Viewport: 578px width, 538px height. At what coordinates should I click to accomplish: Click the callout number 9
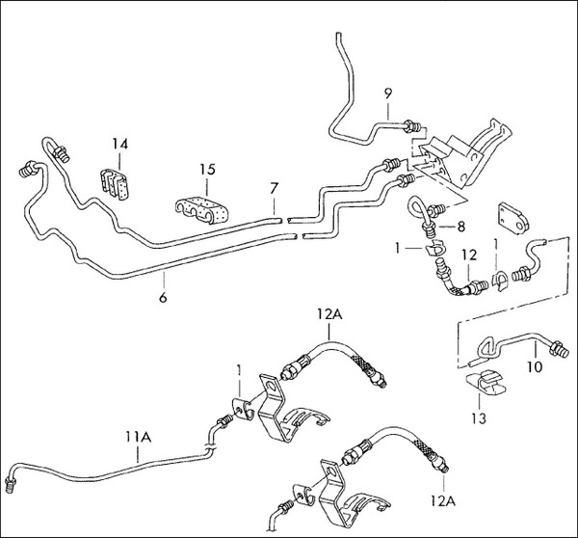[x=388, y=93]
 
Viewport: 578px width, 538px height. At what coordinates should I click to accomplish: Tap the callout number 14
[x=118, y=146]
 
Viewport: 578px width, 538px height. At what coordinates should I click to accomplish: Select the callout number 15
[x=207, y=171]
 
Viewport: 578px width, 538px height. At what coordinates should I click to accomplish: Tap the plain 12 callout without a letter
[x=468, y=255]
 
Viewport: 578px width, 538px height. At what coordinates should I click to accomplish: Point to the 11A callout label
[x=140, y=436]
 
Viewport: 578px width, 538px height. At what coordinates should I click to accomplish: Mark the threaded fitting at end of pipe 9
[x=413, y=124]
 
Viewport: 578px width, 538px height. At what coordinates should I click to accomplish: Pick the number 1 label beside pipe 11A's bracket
[x=240, y=370]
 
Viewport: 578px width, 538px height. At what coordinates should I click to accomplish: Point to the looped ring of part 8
[x=416, y=206]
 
